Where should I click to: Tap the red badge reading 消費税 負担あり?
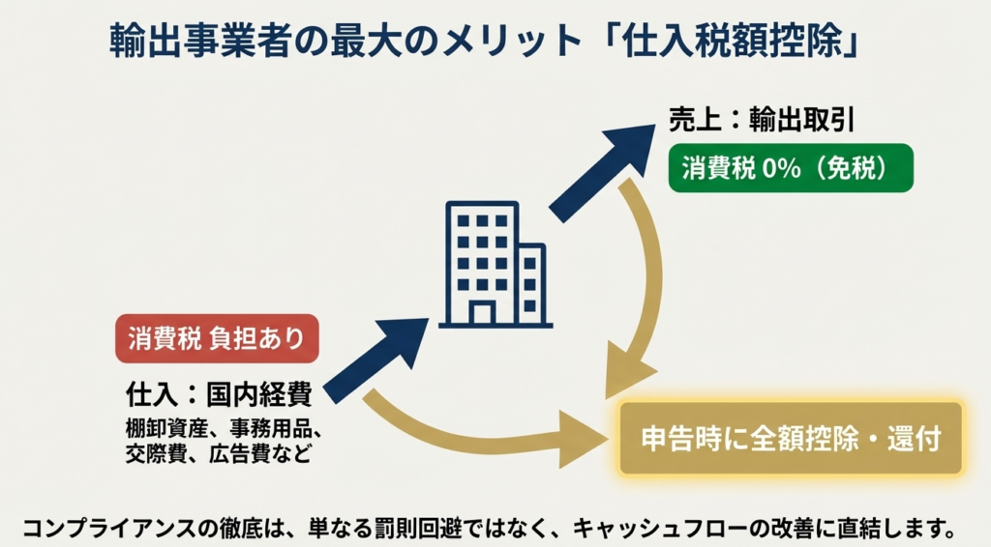pos(216,339)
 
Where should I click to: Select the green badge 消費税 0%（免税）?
pos(790,168)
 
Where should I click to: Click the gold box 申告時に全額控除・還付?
pos(791,439)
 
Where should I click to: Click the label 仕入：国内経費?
pos(218,393)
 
